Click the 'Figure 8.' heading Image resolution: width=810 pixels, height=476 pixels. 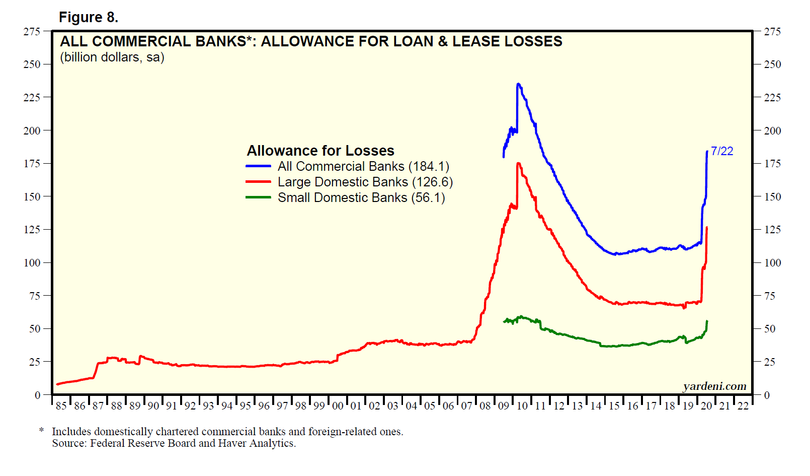(89, 18)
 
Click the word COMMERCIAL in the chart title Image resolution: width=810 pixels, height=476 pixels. (169, 41)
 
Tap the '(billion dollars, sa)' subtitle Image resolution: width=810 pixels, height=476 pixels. (112, 57)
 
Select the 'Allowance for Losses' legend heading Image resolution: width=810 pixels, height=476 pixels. (320, 151)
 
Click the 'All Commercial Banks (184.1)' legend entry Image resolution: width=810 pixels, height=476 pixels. (363, 166)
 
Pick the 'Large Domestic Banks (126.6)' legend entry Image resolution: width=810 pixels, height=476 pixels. (365, 182)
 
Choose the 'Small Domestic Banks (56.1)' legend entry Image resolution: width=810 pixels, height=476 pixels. (361, 197)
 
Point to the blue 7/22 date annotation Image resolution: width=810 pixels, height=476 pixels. (722, 151)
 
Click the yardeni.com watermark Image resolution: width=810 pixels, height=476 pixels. (714, 386)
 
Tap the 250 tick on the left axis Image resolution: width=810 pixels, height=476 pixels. (32, 64)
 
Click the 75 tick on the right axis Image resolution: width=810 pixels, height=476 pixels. (769, 296)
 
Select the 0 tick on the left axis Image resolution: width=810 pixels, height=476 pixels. (37, 395)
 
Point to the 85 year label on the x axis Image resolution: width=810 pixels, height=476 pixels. (61, 406)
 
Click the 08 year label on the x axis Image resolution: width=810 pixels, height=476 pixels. (485, 406)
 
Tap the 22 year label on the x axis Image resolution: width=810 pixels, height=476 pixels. (743, 406)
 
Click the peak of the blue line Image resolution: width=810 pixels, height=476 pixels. (518, 84)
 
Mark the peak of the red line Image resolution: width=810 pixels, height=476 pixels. (518, 163)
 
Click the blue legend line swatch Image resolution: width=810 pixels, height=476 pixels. (258, 166)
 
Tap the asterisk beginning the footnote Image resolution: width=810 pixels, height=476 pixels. (42, 431)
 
